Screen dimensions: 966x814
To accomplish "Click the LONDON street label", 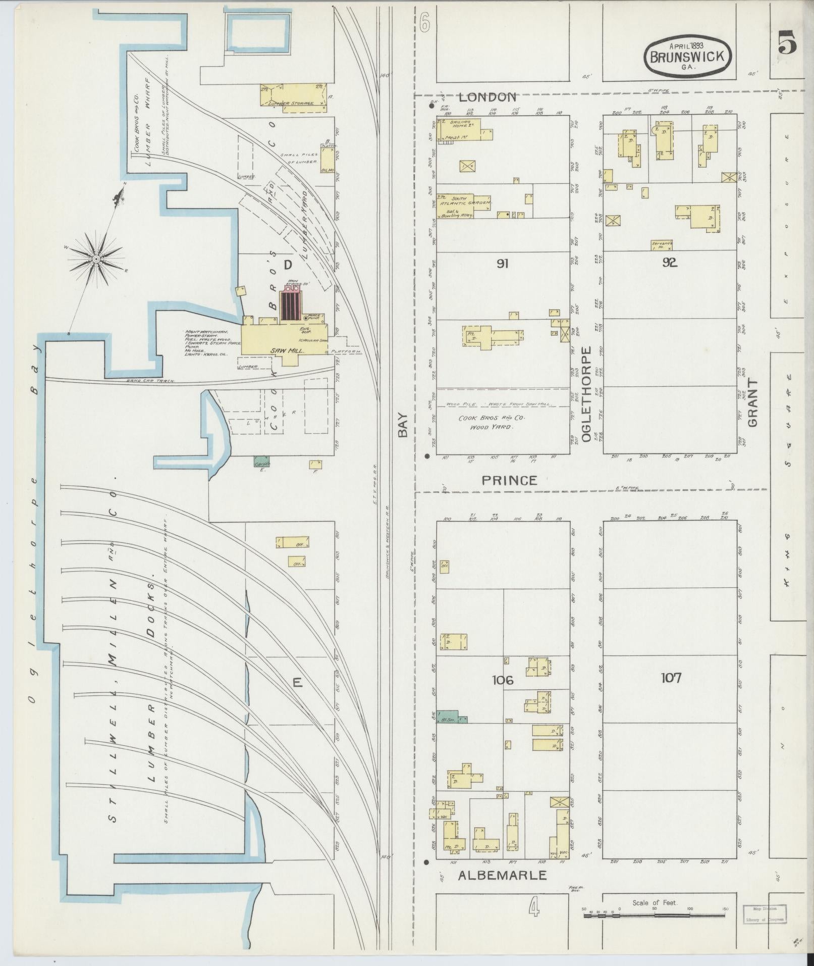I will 487,97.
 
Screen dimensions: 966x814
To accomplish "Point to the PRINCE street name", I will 509,480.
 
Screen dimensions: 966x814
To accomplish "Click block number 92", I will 669,263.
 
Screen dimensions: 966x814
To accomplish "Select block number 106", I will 503,680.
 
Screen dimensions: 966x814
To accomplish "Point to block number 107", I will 671,677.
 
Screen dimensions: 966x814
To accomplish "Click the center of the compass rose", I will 95,259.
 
